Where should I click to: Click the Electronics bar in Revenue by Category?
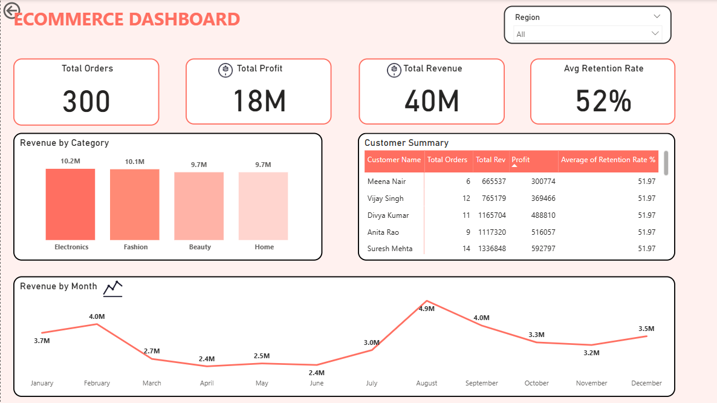pos(70,205)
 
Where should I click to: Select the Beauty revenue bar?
pos(199,206)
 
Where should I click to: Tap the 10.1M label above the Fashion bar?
pos(135,162)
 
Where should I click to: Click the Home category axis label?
pos(264,247)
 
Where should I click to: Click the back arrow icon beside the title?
pos(12,11)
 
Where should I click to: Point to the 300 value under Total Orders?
pos(86,101)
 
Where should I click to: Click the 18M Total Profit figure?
pos(259,101)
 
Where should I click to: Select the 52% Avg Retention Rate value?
pos(603,101)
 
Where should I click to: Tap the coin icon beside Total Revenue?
pos(394,70)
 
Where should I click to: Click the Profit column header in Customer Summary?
pos(521,160)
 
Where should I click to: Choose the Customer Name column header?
pos(394,160)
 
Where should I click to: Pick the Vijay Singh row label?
pos(385,198)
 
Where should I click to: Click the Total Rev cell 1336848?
pos(492,249)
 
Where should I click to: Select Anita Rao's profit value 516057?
pos(543,232)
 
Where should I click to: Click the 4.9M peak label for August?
pos(426,309)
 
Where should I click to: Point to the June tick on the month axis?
pos(316,383)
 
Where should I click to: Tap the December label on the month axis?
pos(646,383)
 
